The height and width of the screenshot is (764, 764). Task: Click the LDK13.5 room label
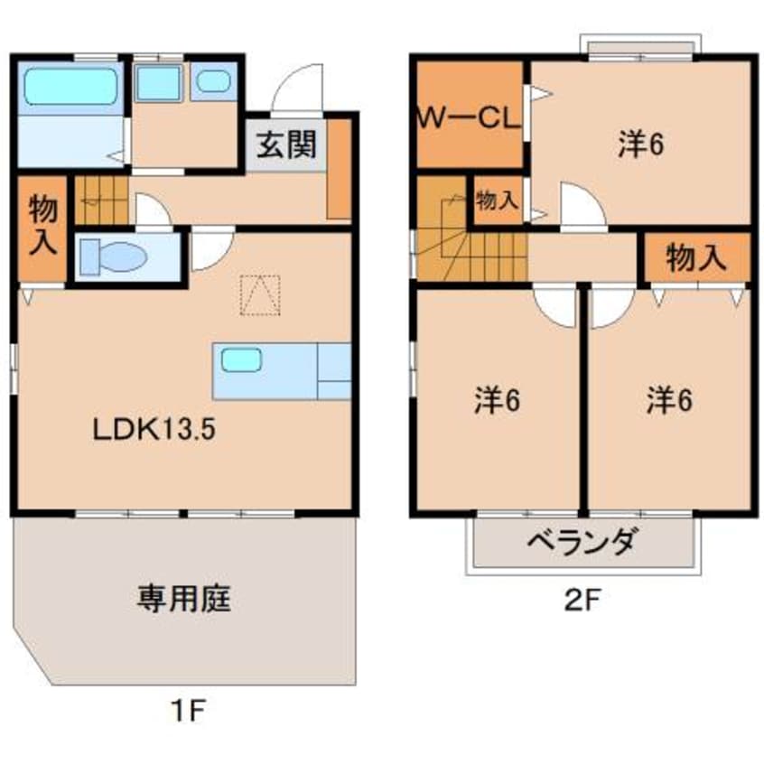tap(154, 430)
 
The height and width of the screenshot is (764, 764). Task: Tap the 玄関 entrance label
tap(286, 144)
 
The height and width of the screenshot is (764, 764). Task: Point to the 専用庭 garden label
tap(183, 599)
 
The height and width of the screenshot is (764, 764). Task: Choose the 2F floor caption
tap(582, 600)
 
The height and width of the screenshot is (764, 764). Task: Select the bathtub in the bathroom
tap(71, 86)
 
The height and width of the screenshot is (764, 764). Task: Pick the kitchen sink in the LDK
tap(242, 360)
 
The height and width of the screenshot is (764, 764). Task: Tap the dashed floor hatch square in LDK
tap(260, 295)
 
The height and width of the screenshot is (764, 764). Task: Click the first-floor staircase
tap(101, 200)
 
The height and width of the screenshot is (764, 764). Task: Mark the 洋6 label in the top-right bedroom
tap(641, 144)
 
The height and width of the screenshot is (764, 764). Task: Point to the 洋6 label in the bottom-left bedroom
tap(497, 401)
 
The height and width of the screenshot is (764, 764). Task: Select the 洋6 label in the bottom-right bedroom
tap(670, 401)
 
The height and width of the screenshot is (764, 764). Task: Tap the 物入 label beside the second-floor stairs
tap(497, 200)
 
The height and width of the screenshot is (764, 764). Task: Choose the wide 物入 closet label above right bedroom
tap(697, 257)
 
